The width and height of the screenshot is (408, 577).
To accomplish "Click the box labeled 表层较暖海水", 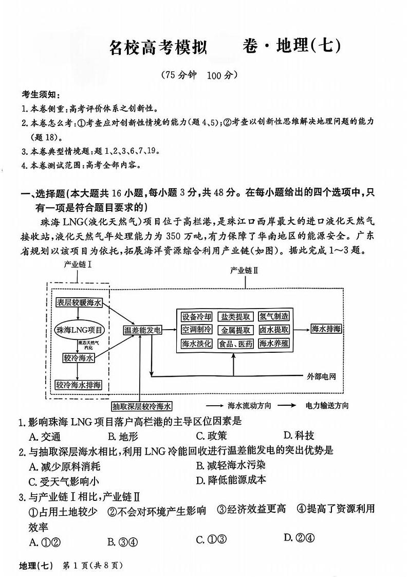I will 79,302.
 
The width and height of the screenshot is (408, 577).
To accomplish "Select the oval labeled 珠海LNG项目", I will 79,330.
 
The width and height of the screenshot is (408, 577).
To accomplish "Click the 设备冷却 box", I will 196,316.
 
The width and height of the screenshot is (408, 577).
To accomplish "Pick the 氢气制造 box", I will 273,316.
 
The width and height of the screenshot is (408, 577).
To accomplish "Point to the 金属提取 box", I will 235,330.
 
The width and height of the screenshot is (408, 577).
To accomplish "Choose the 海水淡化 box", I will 196,344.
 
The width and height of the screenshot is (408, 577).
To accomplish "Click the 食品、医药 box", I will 235,344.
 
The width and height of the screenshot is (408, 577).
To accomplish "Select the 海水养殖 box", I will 273,344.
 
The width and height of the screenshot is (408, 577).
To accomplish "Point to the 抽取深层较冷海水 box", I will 142,405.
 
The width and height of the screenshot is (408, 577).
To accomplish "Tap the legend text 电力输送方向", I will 326,405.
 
